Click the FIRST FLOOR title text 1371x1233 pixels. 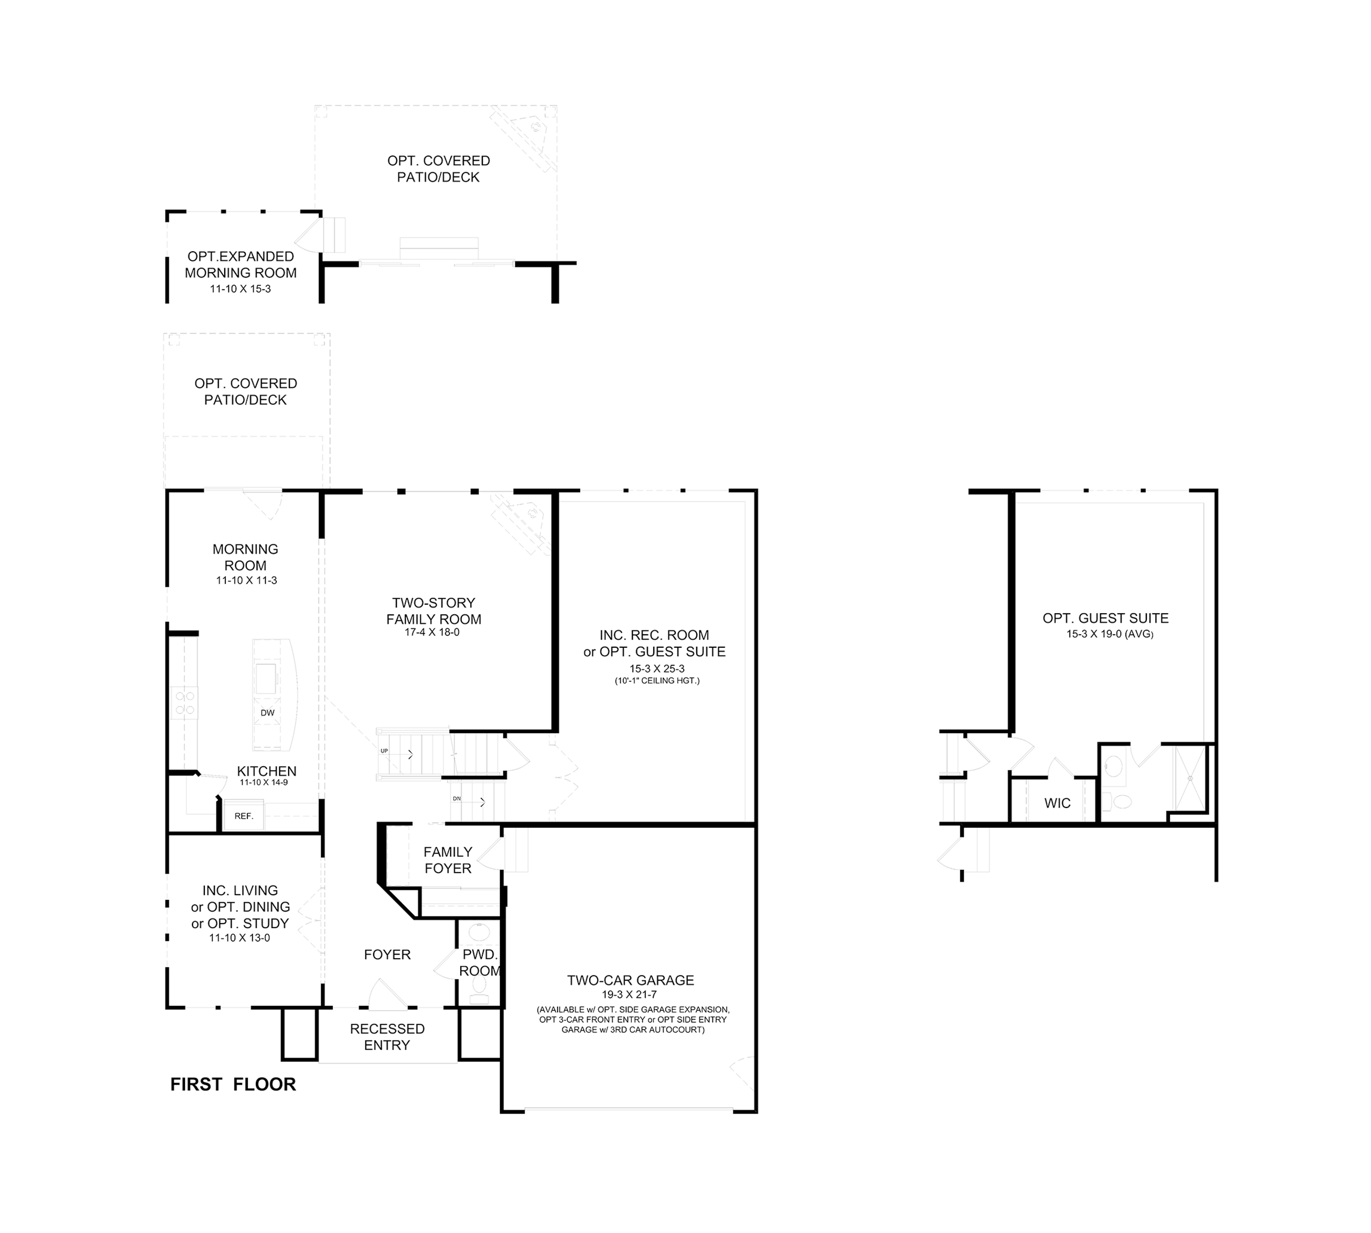pyautogui.click(x=233, y=1084)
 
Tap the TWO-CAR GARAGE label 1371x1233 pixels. pyautogui.click(x=630, y=980)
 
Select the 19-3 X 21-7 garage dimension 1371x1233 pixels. pyautogui.click(x=630, y=995)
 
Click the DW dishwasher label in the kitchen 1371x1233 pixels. pyautogui.click(x=267, y=712)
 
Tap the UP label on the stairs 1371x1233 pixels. pyautogui.click(x=384, y=750)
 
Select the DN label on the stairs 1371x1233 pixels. pyautogui.click(x=456, y=799)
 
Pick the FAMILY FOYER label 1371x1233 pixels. pyautogui.click(x=447, y=860)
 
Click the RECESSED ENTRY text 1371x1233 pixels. pyautogui.click(x=387, y=1037)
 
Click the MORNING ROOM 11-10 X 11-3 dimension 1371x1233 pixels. pyautogui.click(x=246, y=580)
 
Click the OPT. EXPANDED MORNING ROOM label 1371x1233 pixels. pyautogui.click(x=241, y=264)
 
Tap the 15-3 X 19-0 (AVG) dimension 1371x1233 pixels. pyautogui.click(x=1110, y=634)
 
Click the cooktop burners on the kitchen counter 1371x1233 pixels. pyautogui.click(x=185, y=703)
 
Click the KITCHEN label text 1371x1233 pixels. pyautogui.click(x=267, y=771)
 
